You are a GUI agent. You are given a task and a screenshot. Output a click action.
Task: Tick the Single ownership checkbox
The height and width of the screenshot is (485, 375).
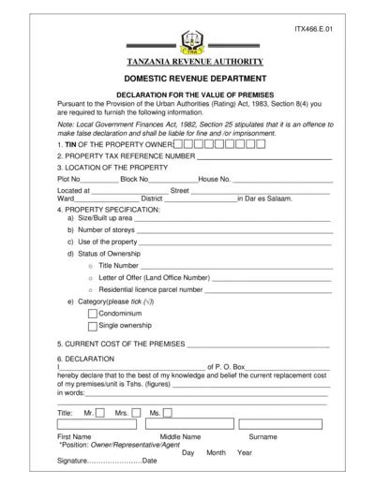92,327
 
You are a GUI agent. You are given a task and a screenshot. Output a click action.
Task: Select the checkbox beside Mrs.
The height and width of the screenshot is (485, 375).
137,412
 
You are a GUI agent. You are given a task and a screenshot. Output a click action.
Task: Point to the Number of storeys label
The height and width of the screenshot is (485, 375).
108,228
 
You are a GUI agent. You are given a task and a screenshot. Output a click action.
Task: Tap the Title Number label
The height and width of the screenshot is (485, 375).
118,266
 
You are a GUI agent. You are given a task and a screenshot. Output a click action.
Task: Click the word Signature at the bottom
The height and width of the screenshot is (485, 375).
70,462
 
